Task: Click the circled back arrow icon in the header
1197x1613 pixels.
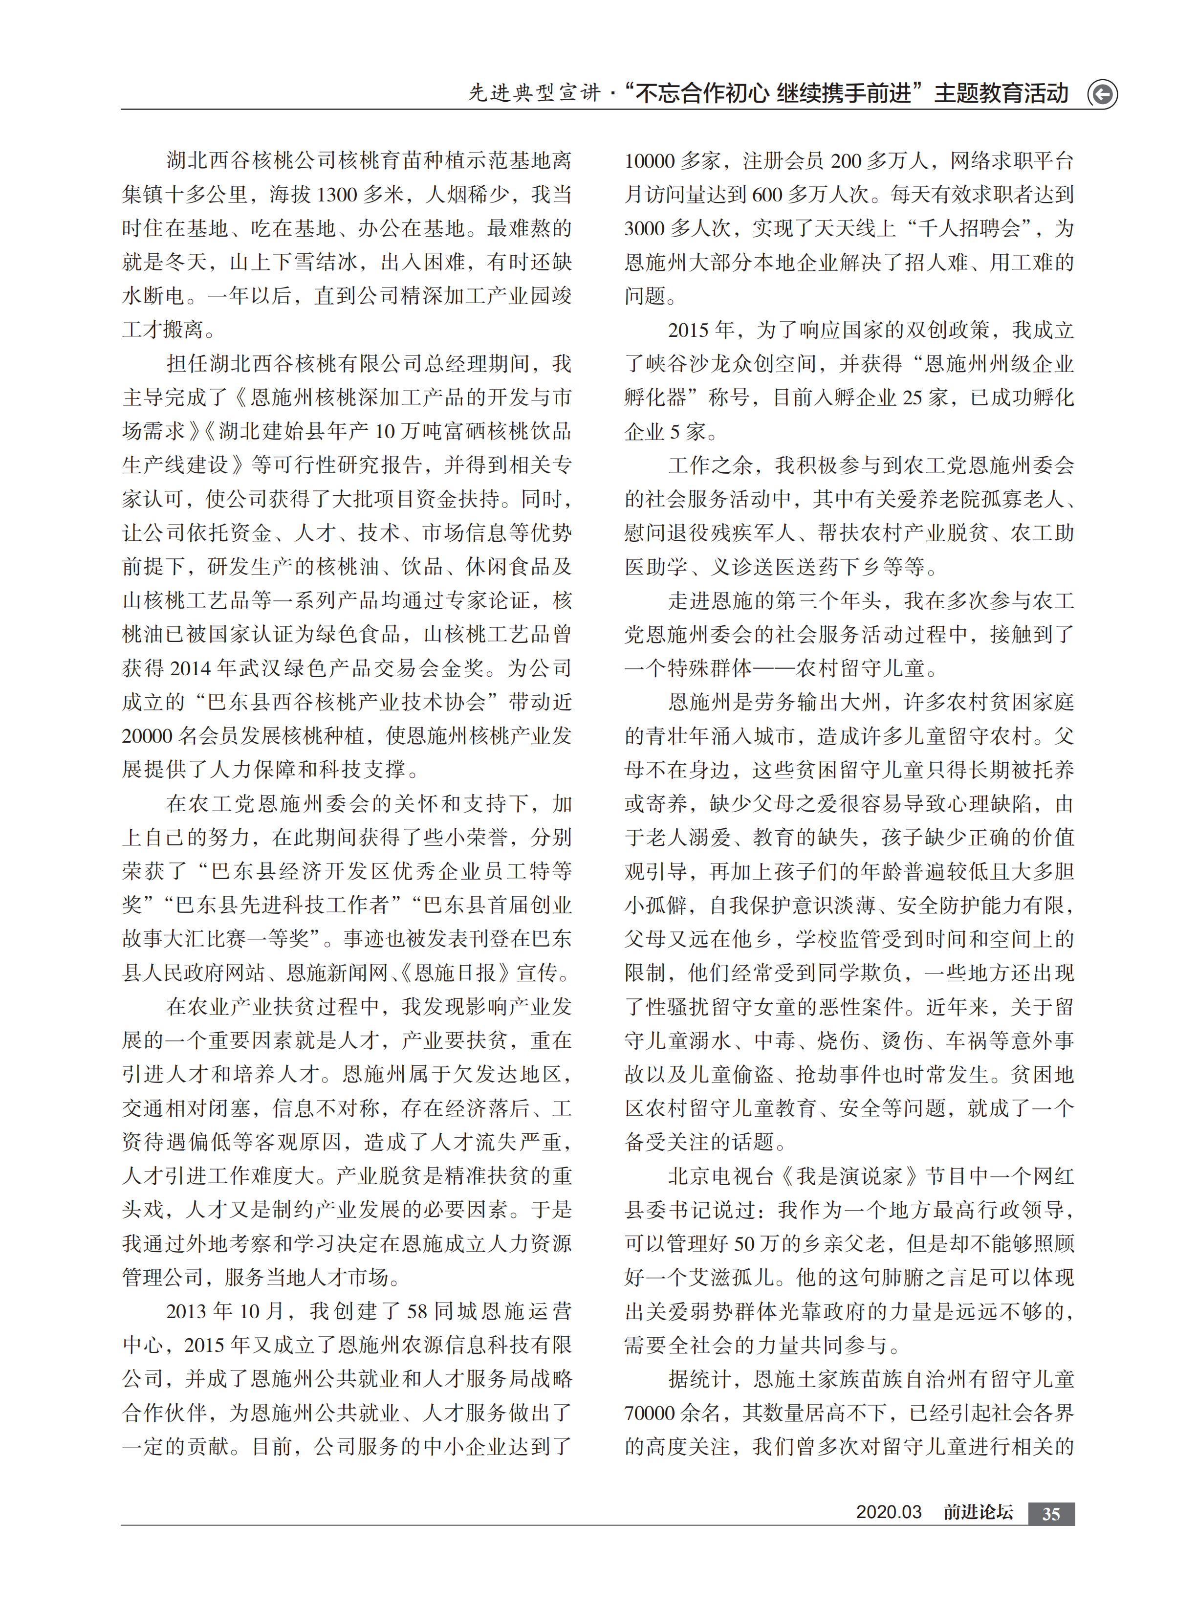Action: [1102, 94]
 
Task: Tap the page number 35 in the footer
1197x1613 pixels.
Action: [1051, 1514]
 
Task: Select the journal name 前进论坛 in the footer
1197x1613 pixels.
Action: [978, 1513]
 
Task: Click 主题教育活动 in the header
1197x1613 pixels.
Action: [1001, 93]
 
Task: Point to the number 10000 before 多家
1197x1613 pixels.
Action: [649, 161]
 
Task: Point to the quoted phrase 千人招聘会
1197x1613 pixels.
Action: [970, 229]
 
